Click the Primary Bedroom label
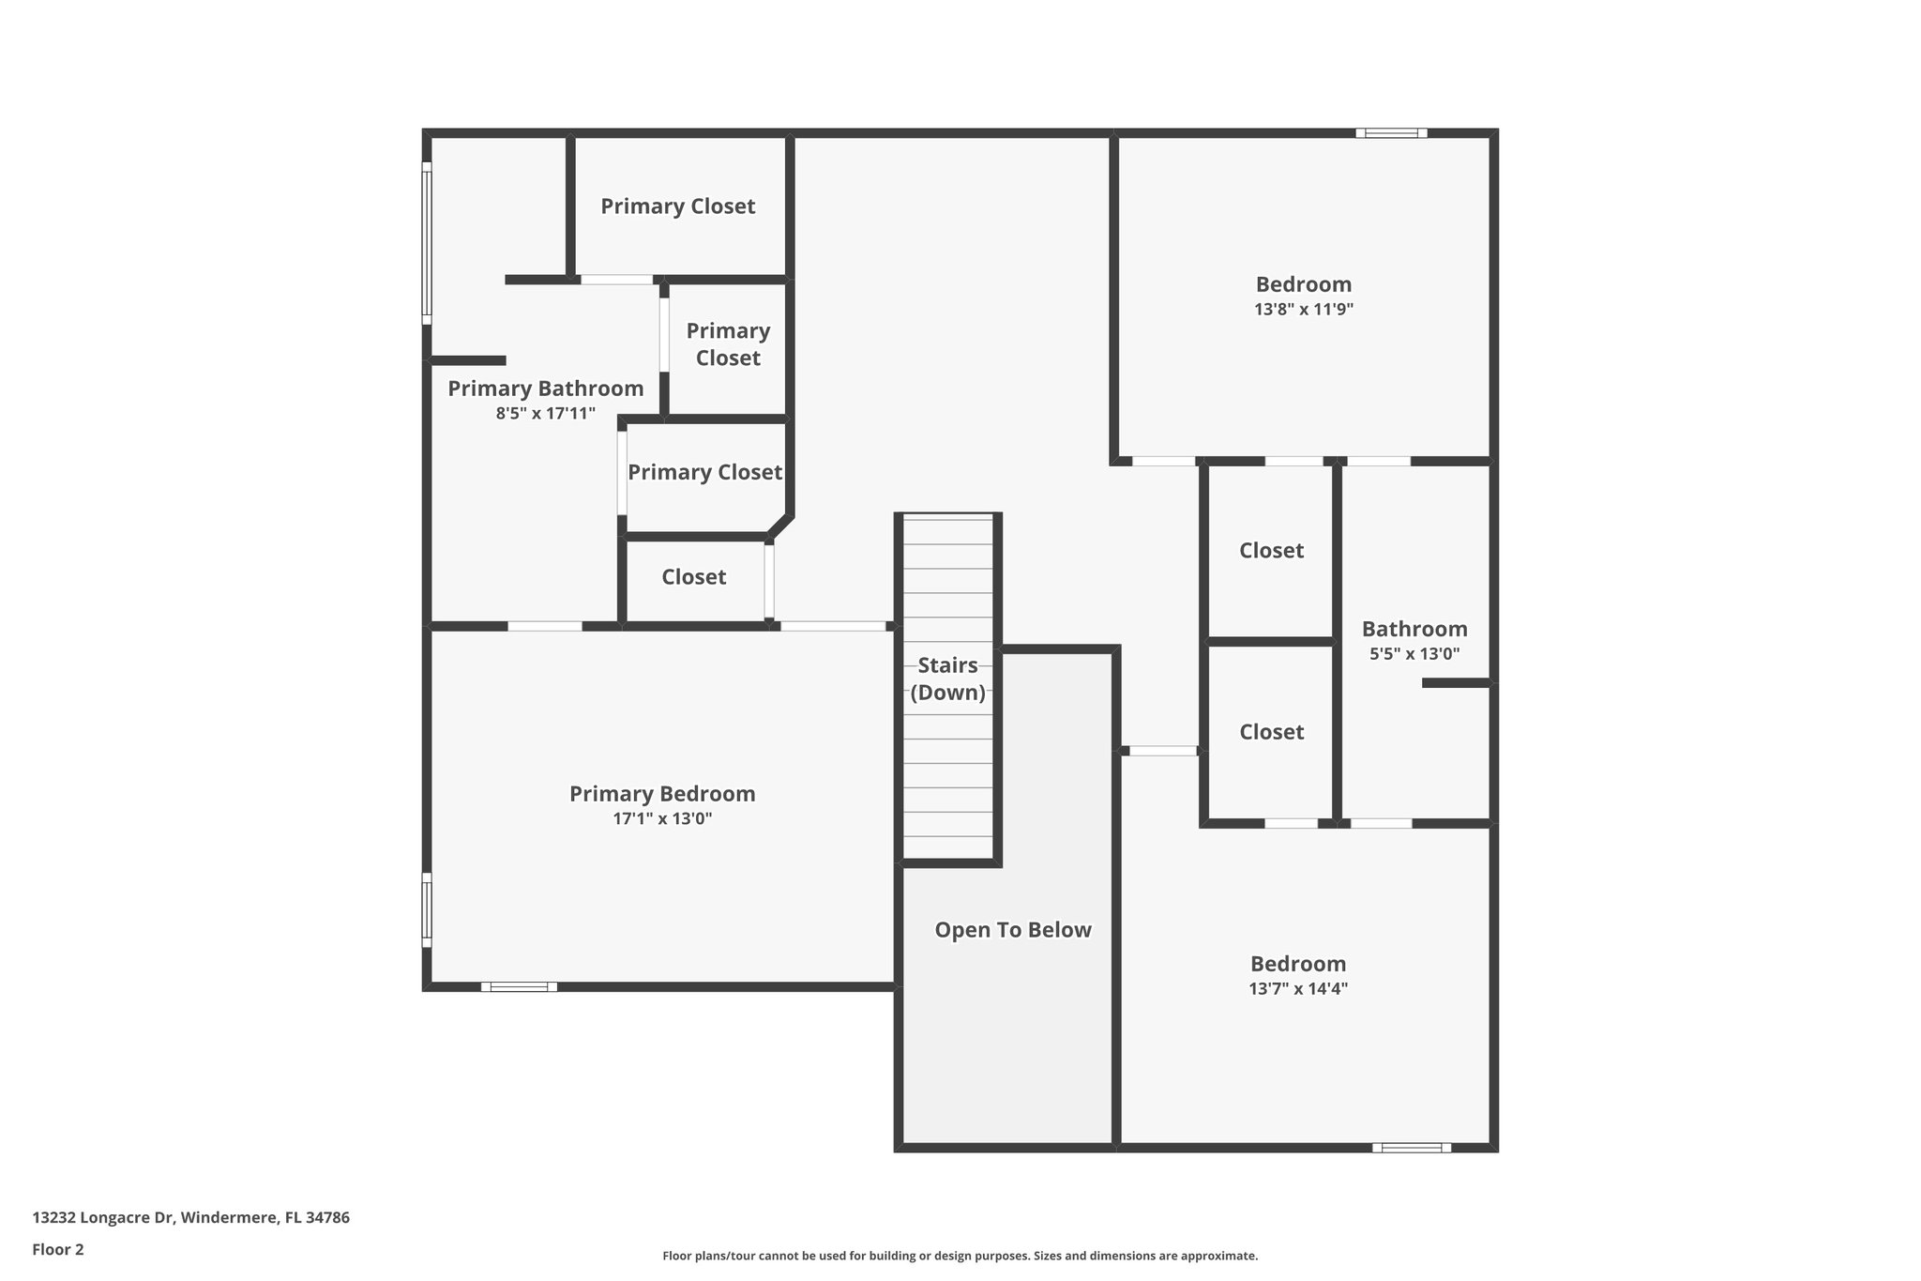(x=662, y=794)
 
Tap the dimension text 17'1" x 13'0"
(x=662, y=818)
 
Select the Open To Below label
(x=1013, y=930)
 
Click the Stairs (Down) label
(x=947, y=679)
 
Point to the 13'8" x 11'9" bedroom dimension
(x=1304, y=309)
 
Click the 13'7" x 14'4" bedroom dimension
(x=1298, y=988)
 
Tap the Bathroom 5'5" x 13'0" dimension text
(x=1414, y=654)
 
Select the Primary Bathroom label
(x=545, y=389)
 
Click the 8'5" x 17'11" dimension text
(x=545, y=413)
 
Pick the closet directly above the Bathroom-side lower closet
(x=1271, y=551)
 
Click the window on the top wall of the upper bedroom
(x=1391, y=133)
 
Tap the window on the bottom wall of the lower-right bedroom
(x=1411, y=1147)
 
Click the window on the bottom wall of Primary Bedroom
(x=519, y=986)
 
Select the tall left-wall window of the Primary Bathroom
(x=427, y=243)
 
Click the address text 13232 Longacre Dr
(x=190, y=1218)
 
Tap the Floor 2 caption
(x=58, y=1249)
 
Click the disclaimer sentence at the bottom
(x=960, y=1256)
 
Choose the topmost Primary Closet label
(x=677, y=206)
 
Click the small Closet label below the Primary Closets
(x=693, y=577)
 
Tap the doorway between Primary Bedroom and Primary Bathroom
(x=545, y=626)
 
